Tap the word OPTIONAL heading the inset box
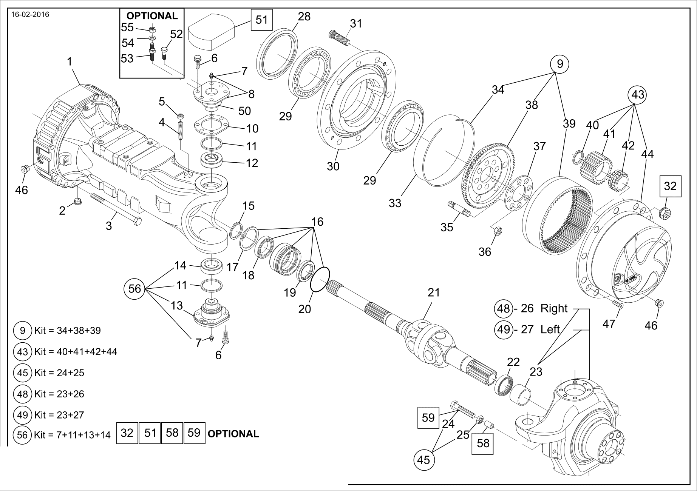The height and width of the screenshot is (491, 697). click(152, 16)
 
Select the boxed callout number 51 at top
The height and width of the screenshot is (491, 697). click(261, 20)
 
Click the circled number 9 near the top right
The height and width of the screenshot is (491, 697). click(559, 64)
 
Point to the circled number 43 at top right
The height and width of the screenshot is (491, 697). click(638, 94)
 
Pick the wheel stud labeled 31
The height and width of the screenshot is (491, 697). click(340, 38)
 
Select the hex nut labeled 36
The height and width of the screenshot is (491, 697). click(497, 231)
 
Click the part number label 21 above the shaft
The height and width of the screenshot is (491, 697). click(434, 292)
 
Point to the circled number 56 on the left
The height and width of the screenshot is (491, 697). click(134, 289)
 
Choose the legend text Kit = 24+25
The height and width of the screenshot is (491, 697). click(59, 373)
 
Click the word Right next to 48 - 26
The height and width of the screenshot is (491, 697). click(554, 308)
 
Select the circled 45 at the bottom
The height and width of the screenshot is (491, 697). click(424, 460)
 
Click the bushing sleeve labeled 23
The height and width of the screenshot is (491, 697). click(521, 394)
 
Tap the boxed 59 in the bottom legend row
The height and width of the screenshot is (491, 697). click(194, 433)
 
